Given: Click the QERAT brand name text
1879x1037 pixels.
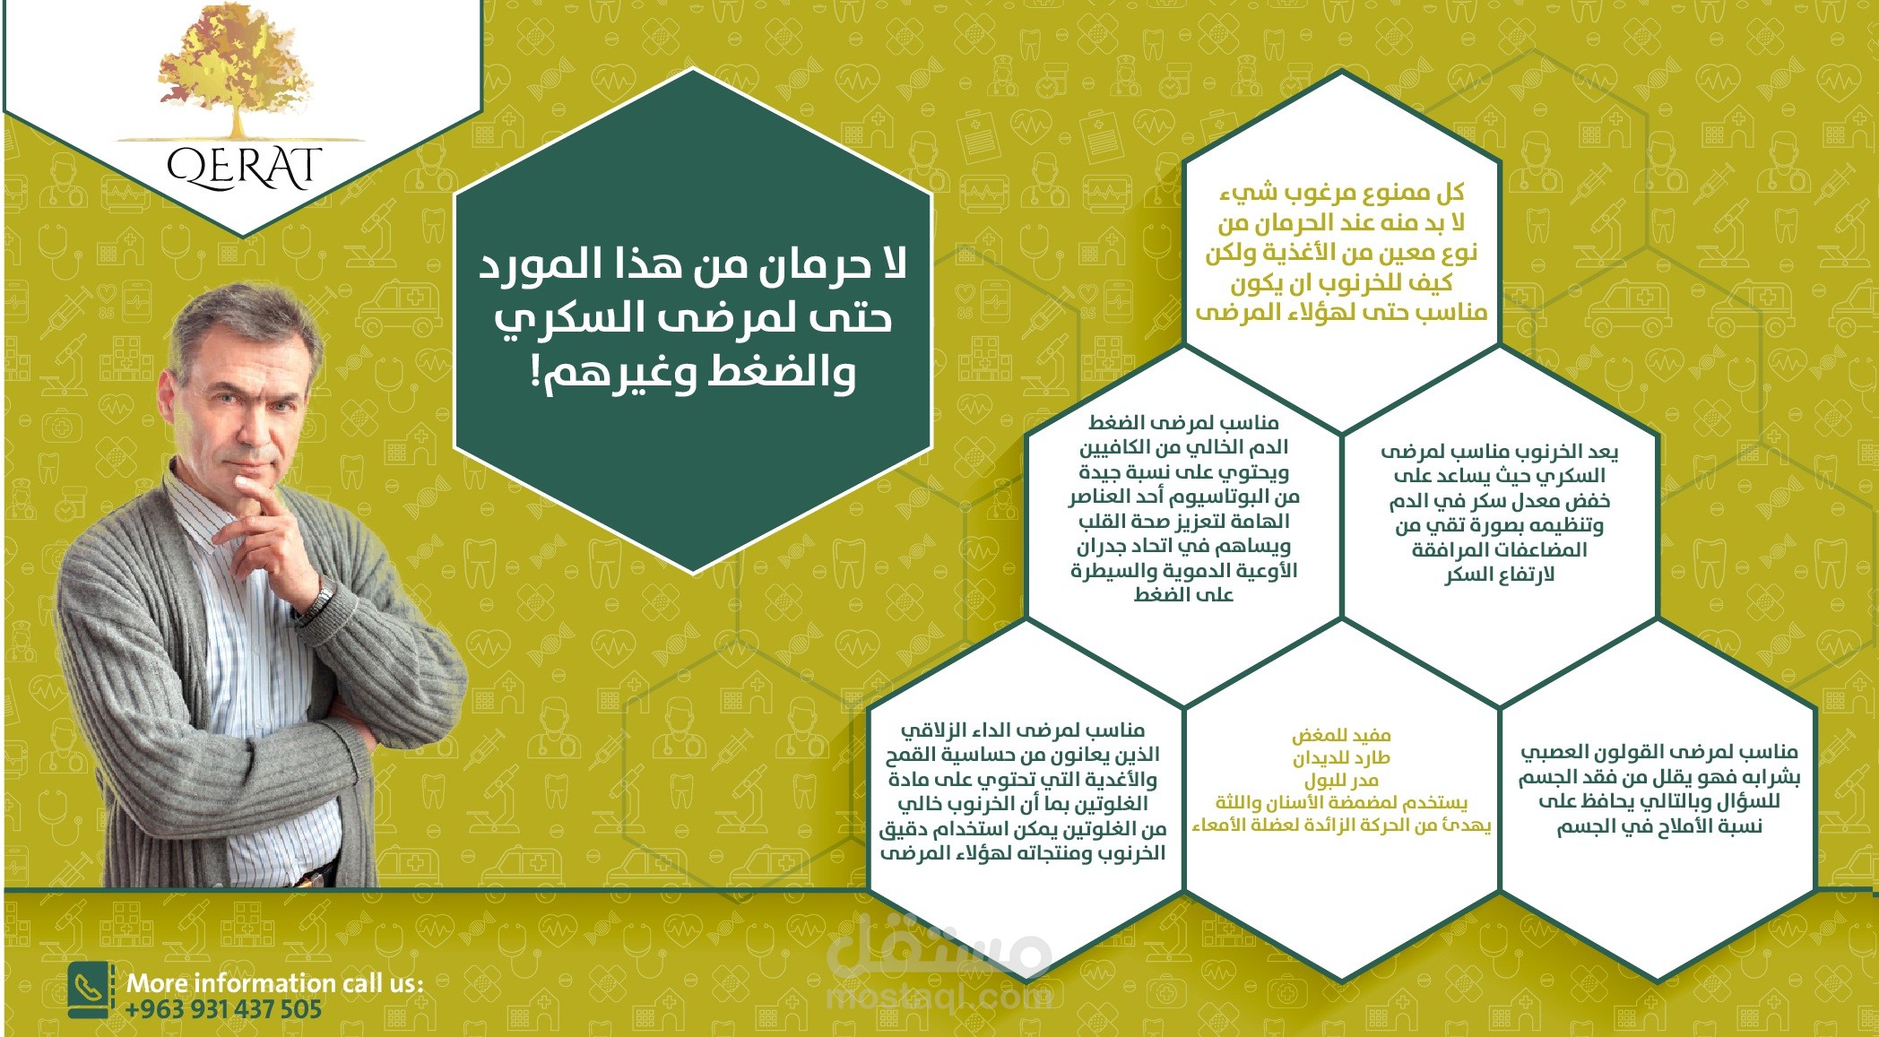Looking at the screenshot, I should (244, 169).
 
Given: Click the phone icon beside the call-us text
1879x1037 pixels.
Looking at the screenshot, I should (90, 990).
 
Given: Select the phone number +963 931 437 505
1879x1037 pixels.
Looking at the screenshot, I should (223, 1010).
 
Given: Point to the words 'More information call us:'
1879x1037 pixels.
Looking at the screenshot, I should (274, 983).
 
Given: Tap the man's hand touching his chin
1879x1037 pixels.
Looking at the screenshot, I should (269, 502).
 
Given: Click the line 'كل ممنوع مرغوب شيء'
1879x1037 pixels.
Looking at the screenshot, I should (1341, 193).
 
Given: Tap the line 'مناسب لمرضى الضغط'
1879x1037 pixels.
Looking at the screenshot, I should (1183, 422).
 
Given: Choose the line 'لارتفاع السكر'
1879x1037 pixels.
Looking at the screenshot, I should (1499, 575).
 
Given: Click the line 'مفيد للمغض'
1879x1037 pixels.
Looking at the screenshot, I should (1341, 736).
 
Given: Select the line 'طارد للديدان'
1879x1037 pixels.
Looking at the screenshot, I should (1341, 758).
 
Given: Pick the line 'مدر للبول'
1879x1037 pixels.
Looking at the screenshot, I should (1341, 780).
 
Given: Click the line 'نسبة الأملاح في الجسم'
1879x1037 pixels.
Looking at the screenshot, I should (1658, 826).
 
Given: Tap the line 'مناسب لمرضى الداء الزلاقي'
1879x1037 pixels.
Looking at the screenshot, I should (1022, 730).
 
